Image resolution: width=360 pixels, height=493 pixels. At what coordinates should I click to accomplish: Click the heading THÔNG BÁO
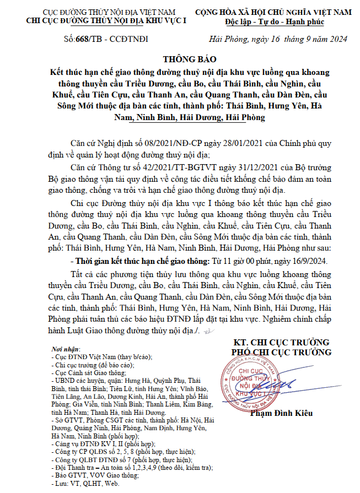pyautogui.click(x=190, y=59)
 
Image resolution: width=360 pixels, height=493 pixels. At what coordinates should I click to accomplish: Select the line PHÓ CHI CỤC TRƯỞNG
pyautogui.click(x=282, y=352)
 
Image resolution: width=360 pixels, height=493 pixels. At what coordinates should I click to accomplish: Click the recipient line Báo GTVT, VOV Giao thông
pyautogui.click(x=94, y=475)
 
